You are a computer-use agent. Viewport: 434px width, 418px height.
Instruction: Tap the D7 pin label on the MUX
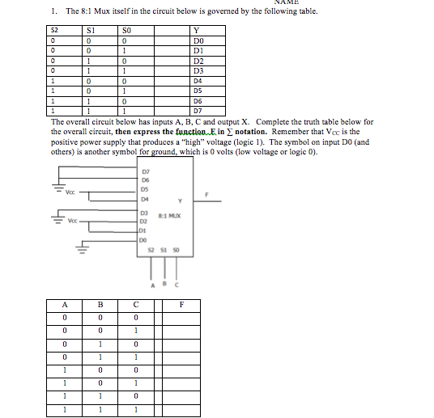(x=146, y=172)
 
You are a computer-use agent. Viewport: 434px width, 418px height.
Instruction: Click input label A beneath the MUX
(x=150, y=285)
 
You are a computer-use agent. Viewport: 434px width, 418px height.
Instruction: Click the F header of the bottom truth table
(x=181, y=305)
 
